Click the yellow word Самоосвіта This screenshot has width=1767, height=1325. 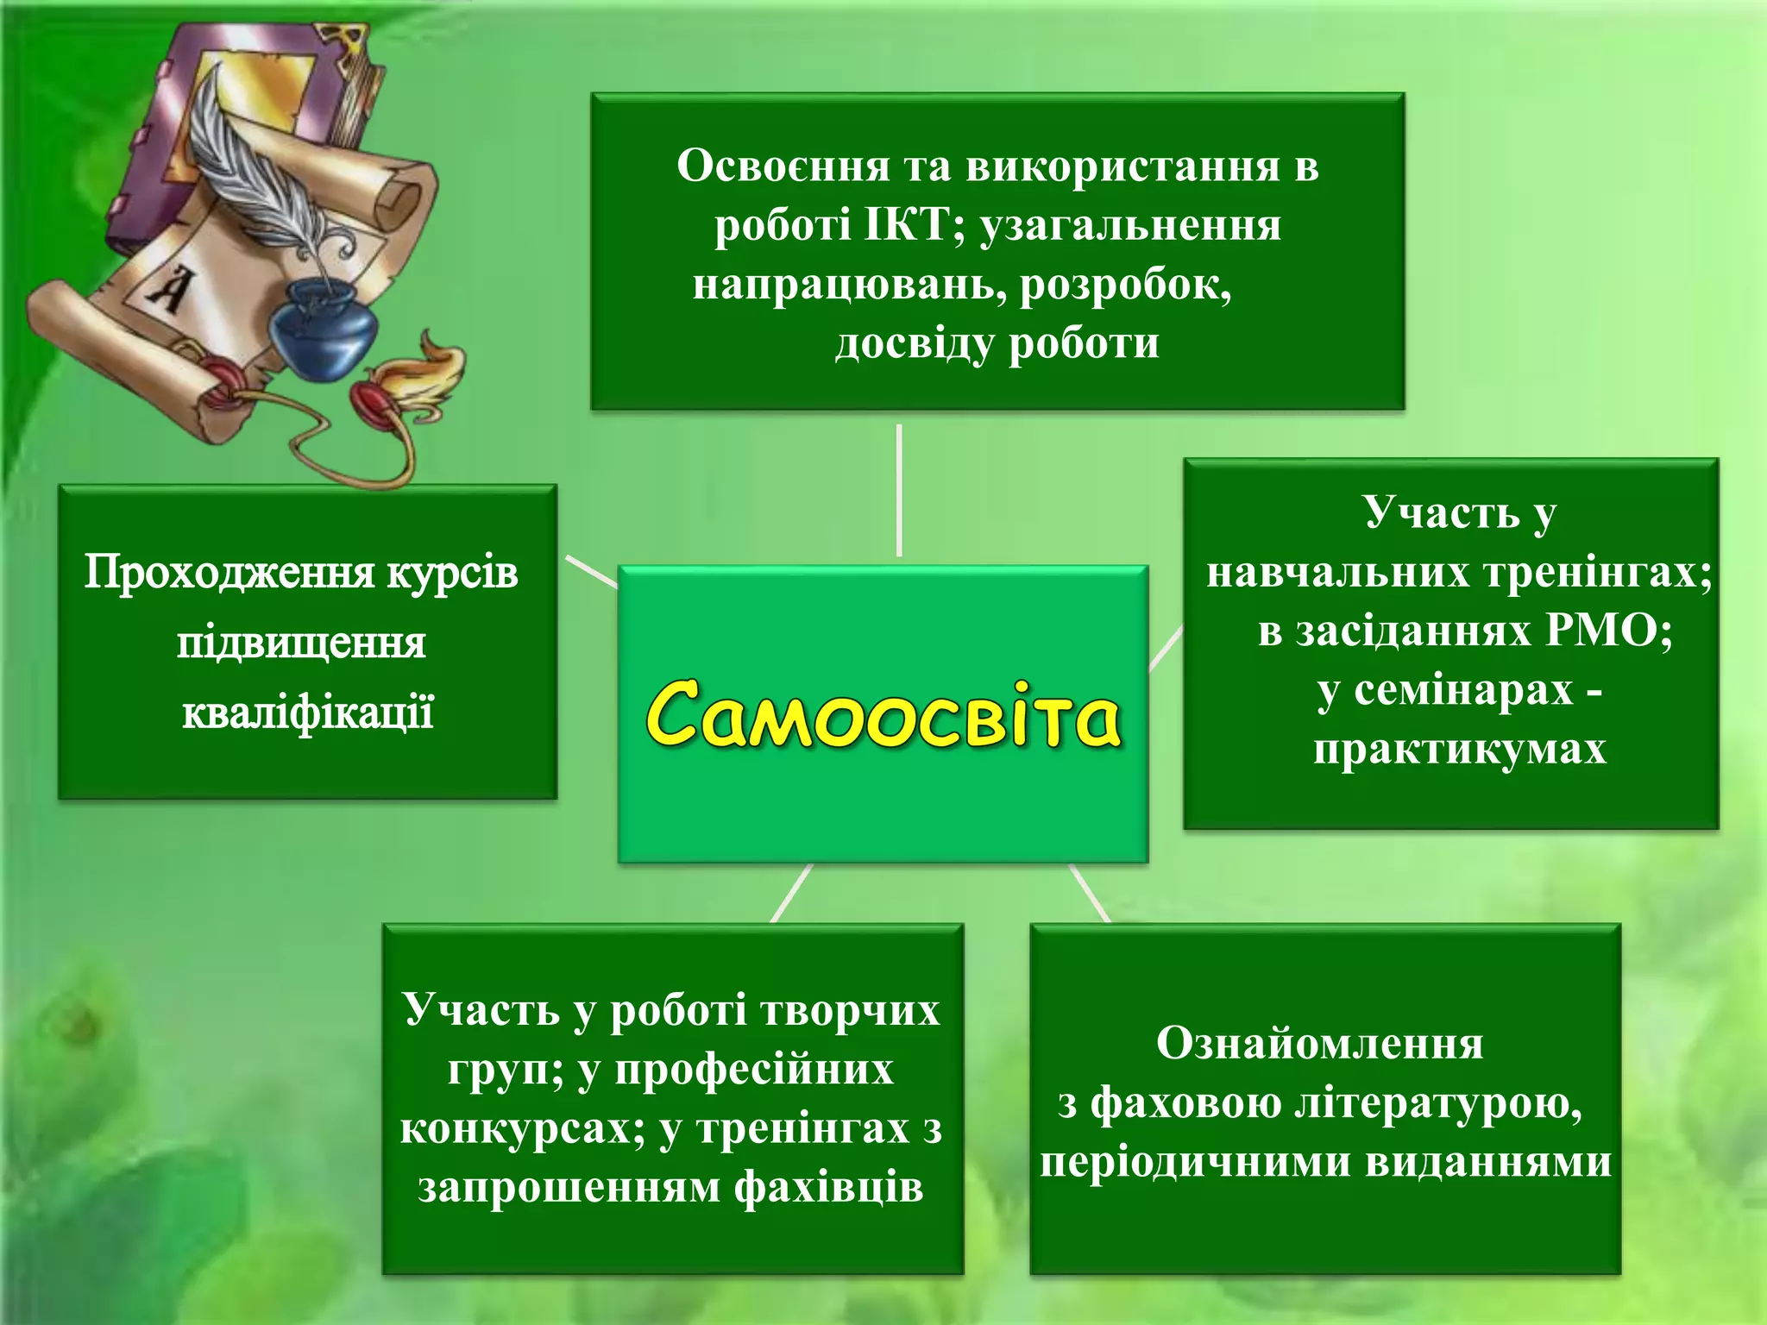point(883,714)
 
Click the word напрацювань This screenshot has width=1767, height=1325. point(849,285)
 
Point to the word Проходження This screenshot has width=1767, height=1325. point(229,573)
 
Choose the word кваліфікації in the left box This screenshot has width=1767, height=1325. point(307,713)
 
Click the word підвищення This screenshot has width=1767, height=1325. point(301,643)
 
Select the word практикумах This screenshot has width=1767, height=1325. point(1459,749)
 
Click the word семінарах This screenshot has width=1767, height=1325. point(1463,689)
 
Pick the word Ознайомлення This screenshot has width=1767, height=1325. point(1319,1043)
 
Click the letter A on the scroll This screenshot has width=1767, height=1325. point(169,289)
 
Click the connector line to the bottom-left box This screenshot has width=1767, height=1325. point(791,893)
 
